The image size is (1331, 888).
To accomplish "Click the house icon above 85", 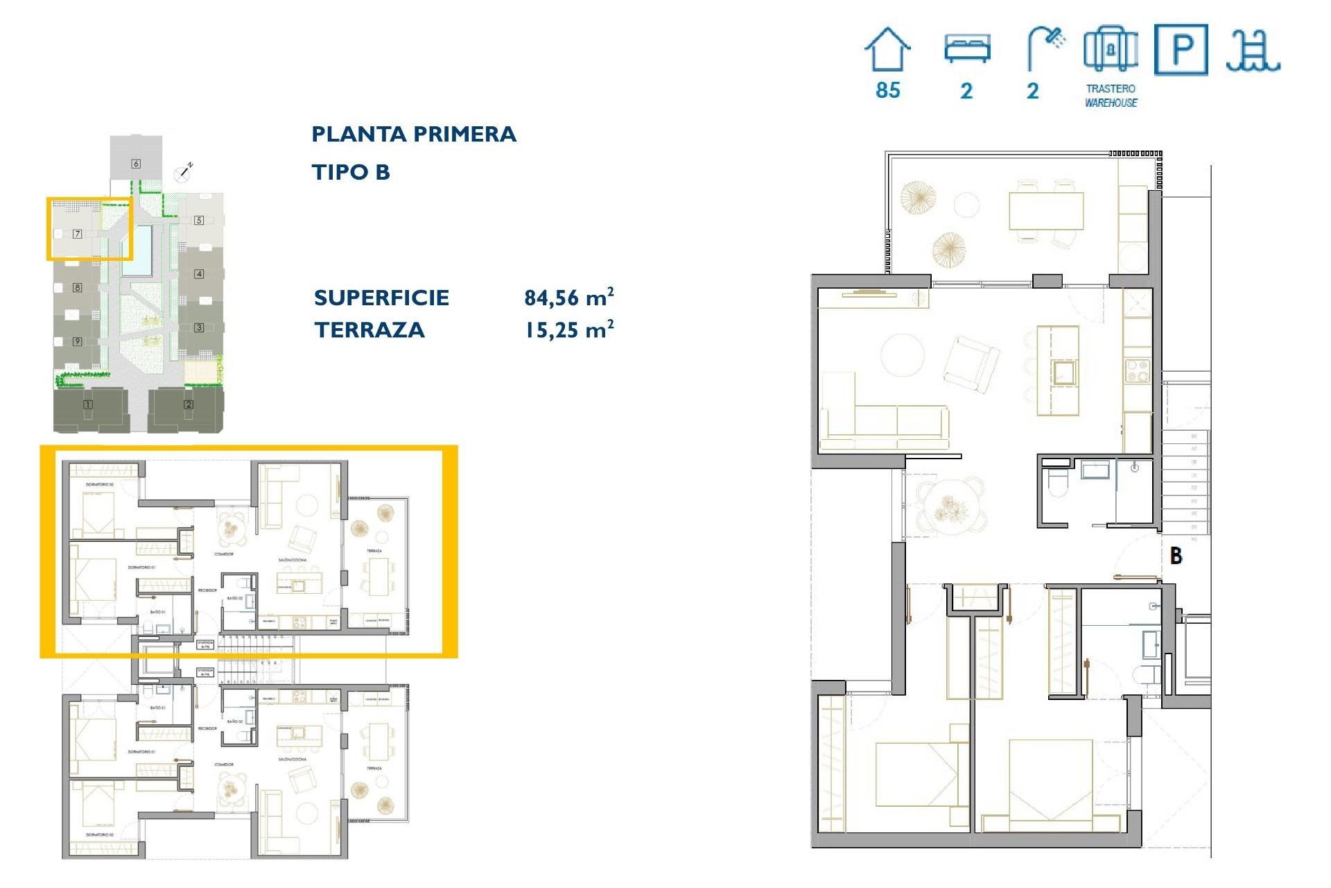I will coord(887,49).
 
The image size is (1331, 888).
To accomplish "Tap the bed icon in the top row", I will coord(967,49).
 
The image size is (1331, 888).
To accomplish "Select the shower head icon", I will coord(1046,47).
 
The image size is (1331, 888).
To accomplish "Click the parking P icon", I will coord(1181,49).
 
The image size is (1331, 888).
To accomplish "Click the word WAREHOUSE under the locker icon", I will coord(1111,103).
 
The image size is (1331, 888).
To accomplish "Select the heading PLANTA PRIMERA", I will coord(414,134).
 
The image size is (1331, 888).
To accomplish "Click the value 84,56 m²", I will coord(568,298).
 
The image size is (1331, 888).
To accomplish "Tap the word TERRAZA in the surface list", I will coord(369,330).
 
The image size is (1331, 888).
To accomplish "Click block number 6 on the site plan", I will coord(136,164).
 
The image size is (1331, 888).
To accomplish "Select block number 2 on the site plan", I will coord(188,404).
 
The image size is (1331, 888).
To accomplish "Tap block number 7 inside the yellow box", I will coord(78,234).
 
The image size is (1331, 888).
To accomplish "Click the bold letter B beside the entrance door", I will coord(1176,556).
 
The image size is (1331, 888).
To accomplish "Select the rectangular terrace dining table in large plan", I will coord(1045,211).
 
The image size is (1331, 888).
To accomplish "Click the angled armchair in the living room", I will coord(971,364).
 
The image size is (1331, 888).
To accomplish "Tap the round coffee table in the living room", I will coord(902,355).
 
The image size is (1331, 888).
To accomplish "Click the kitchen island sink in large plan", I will coord(1064,373).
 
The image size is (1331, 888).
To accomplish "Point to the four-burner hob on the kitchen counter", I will coord(1137,370).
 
